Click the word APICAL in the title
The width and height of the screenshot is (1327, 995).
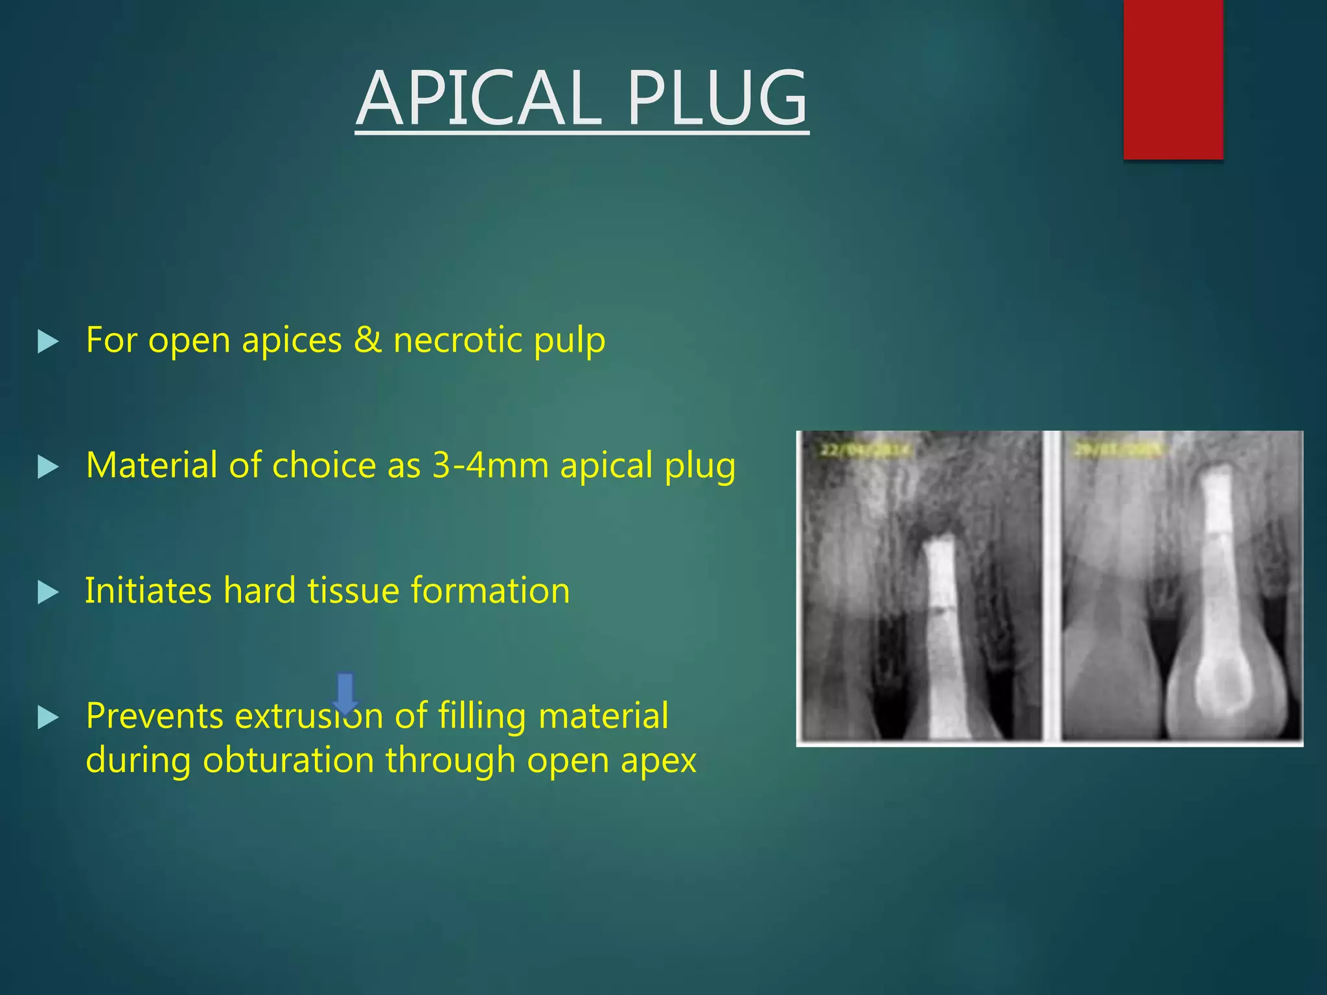coord(479,99)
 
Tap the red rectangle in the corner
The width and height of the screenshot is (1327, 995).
coord(1173,78)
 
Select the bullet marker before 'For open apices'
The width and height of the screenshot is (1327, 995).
coord(48,341)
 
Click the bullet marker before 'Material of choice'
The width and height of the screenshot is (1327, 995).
coord(48,466)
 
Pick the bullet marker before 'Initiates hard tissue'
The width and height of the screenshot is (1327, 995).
coord(48,592)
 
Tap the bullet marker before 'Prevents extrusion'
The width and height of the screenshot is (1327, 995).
coord(48,717)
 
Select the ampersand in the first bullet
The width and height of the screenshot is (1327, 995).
coord(367,340)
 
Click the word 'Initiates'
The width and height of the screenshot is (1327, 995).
coord(148,590)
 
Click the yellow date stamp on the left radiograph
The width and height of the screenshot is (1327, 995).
coord(866,450)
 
